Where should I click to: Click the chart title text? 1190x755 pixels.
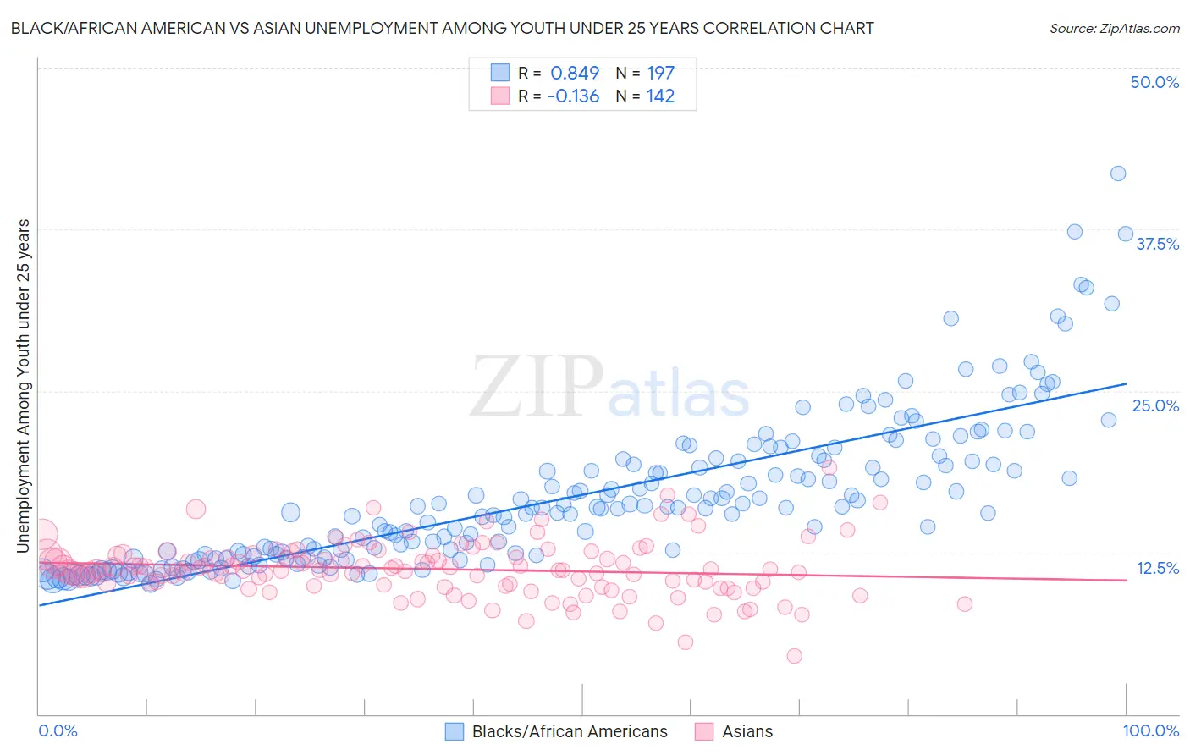tap(441, 28)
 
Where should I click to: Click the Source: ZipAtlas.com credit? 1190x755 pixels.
tap(1114, 28)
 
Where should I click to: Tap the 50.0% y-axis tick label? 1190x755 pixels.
tap(1154, 82)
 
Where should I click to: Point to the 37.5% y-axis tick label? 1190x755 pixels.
tap(1157, 244)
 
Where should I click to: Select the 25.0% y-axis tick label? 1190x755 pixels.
tap(1155, 405)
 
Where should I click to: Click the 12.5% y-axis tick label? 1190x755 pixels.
tap(1157, 568)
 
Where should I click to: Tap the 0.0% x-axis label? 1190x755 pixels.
tap(58, 730)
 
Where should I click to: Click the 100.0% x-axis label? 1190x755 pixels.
tap(1150, 730)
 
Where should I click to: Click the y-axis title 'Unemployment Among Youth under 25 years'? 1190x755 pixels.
tap(24, 386)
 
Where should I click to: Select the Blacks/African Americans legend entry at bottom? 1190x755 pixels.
tap(569, 731)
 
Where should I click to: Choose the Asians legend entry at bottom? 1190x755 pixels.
tap(747, 731)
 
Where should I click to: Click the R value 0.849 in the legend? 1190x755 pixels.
tap(575, 74)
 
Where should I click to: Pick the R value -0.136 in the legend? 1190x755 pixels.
tap(573, 96)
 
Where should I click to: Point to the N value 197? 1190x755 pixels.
tap(660, 74)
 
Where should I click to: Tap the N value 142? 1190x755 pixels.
tap(660, 96)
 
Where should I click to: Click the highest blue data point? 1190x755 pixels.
tap(1117, 174)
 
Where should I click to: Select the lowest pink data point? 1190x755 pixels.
tap(794, 655)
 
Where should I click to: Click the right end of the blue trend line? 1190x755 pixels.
tap(1126, 383)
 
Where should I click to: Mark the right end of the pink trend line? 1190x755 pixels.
tap(1126, 580)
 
